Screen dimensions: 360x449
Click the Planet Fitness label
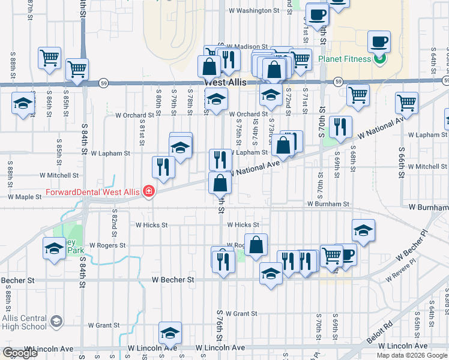[345, 59]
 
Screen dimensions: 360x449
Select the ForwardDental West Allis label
[93, 193]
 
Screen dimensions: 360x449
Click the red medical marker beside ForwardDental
[147, 192]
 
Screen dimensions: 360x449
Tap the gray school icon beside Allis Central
[56, 321]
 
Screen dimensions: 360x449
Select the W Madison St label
[244, 47]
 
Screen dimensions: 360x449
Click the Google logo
[20, 353]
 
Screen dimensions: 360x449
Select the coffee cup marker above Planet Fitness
[379, 43]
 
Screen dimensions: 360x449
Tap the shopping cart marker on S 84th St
[77, 70]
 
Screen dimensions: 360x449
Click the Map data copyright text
[412, 355]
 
